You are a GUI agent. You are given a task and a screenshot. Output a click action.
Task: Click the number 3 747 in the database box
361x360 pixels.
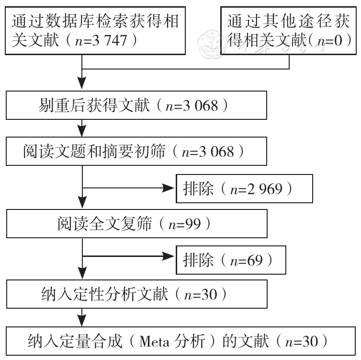click(x=109, y=40)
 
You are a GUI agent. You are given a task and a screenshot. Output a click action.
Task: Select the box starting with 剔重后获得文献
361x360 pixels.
click(x=136, y=105)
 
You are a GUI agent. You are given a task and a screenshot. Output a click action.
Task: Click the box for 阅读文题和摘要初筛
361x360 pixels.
click(x=136, y=151)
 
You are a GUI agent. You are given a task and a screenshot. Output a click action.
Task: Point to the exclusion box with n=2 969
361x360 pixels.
click(x=244, y=188)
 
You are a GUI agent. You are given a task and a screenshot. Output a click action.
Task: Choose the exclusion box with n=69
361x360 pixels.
click(x=231, y=260)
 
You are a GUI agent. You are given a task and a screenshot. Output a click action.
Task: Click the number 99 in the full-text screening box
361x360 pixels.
click(x=193, y=224)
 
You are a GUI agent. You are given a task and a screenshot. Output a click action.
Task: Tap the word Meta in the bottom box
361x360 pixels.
click(x=154, y=342)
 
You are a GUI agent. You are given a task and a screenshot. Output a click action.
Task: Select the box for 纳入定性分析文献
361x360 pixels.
click(x=137, y=294)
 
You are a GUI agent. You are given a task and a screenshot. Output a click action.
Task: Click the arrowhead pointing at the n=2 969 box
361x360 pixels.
click(x=169, y=188)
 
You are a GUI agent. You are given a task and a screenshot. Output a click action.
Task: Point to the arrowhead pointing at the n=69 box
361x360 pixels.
click(x=169, y=256)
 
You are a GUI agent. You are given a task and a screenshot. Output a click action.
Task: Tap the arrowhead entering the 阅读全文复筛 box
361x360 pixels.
click(x=82, y=202)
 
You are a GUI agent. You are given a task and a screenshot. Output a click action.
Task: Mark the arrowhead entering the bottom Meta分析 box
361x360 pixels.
click(x=82, y=320)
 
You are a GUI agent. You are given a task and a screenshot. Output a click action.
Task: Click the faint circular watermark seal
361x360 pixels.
click(x=211, y=44)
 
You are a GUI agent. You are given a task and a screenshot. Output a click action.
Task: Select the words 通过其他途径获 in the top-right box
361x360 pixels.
click(x=289, y=21)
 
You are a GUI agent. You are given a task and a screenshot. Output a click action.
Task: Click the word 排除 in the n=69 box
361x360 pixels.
click(x=198, y=260)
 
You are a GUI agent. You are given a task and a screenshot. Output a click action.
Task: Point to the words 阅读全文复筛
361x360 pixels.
click(x=104, y=223)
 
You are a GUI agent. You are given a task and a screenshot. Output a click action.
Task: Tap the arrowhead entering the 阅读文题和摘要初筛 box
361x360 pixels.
click(x=82, y=131)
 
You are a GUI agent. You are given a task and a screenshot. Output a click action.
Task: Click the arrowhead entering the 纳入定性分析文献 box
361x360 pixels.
click(x=82, y=273)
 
